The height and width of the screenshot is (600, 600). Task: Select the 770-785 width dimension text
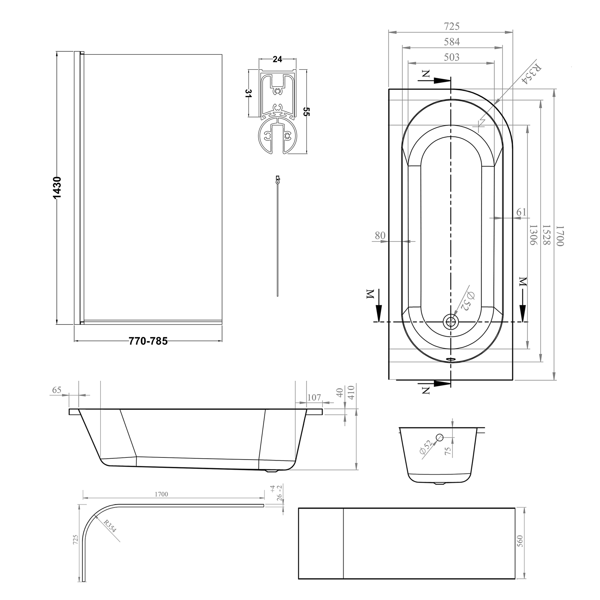(x=148, y=341)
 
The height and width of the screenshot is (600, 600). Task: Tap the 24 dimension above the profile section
(x=277, y=59)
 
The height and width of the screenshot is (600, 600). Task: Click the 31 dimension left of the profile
(x=248, y=94)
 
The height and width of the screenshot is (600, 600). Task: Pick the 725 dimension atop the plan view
(x=451, y=27)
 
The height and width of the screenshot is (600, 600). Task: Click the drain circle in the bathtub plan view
(x=450, y=322)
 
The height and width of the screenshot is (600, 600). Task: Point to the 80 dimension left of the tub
(x=380, y=235)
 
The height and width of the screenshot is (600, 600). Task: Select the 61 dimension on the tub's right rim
(x=521, y=212)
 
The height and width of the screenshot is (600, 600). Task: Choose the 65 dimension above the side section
(x=56, y=390)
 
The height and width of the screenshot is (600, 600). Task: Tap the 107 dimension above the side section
(x=314, y=397)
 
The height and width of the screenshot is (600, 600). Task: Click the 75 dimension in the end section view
(x=448, y=451)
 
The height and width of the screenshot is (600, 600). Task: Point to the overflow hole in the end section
(x=439, y=438)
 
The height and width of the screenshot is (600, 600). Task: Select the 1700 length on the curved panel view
(x=161, y=494)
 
